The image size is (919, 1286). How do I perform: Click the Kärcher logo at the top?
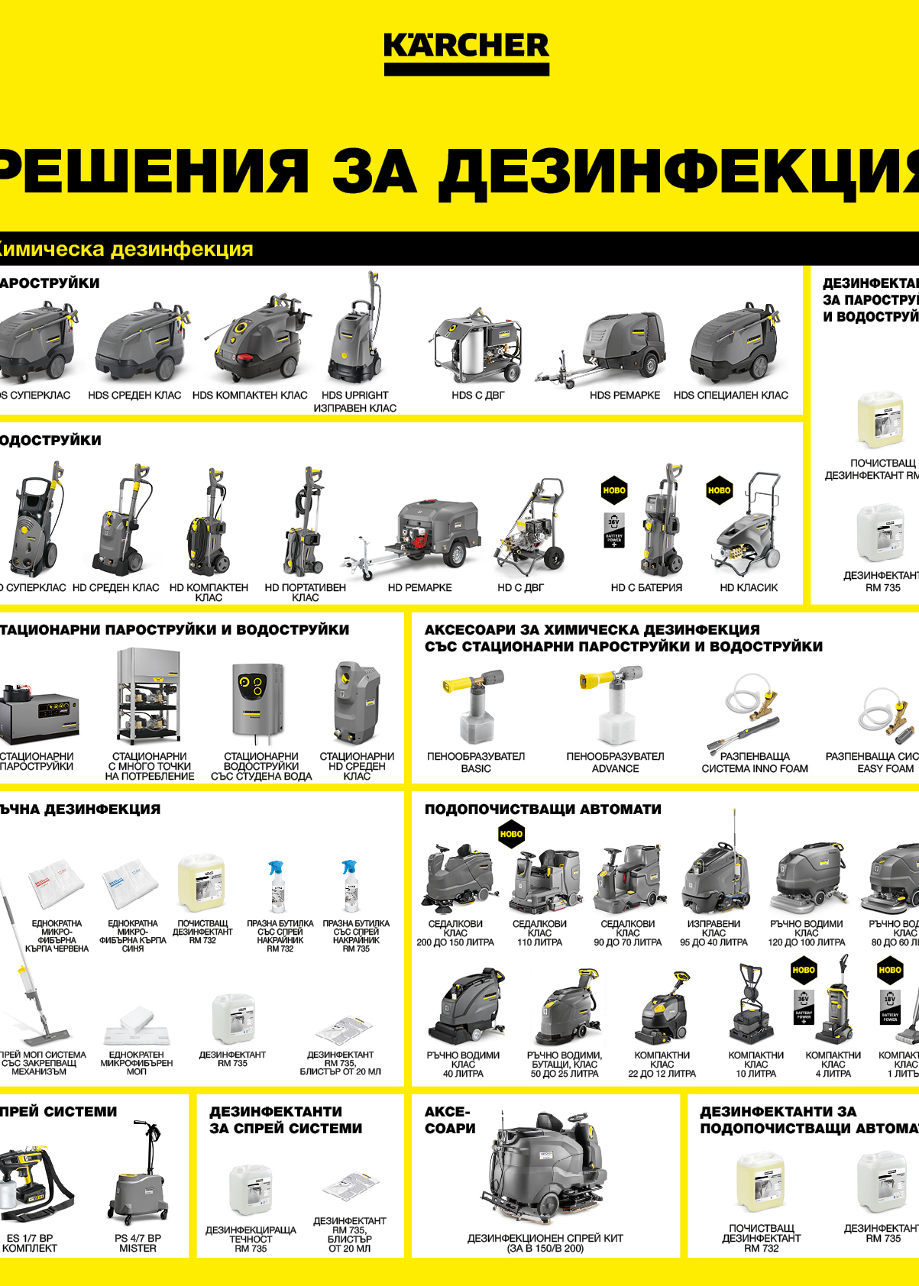[466, 52]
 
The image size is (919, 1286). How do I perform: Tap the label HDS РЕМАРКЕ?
[624, 396]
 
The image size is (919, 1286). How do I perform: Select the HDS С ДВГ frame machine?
[477, 347]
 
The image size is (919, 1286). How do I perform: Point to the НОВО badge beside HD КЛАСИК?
[719, 490]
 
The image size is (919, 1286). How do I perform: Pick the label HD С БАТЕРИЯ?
[646, 588]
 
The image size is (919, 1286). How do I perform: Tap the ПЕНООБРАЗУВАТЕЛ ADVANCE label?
[615, 762]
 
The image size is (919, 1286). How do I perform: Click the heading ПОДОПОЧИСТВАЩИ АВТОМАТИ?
[542, 809]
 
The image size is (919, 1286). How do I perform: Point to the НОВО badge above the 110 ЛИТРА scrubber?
[511, 834]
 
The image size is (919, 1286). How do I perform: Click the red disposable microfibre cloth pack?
[56, 885]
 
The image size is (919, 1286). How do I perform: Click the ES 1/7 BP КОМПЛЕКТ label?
[30, 1242]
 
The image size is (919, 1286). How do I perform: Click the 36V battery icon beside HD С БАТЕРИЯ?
[614, 531]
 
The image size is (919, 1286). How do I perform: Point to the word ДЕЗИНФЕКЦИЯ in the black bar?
[182, 250]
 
